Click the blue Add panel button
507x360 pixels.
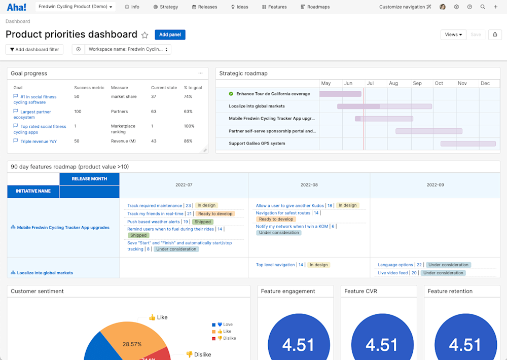pos(170,34)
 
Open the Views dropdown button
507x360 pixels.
pos(453,34)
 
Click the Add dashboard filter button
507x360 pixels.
pos(34,49)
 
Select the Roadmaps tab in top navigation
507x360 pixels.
pos(315,7)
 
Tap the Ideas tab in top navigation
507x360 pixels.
pos(240,7)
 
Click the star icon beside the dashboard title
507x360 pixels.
pos(144,35)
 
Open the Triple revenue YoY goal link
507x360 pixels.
pos(39,141)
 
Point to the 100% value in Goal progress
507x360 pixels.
pos(189,126)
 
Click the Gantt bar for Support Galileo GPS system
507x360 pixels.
pos(467,143)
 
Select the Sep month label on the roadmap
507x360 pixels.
pos(417,83)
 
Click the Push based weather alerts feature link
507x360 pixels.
pos(154,222)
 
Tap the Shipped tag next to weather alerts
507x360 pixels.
pos(203,222)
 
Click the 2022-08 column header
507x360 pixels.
pos(309,185)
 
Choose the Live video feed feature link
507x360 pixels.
pos(393,273)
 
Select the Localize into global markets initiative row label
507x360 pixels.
pos(45,273)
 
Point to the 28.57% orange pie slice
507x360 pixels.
pos(132,344)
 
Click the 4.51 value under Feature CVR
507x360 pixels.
pos(381,345)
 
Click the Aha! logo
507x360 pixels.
pos(17,7)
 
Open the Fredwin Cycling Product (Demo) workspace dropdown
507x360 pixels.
pos(77,7)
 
